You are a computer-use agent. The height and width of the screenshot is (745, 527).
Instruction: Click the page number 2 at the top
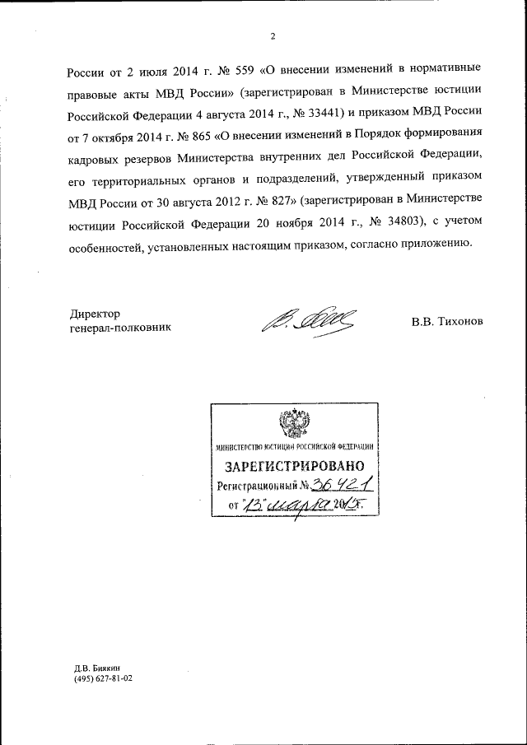coord(271,35)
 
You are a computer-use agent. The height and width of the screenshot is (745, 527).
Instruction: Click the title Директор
coord(95,314)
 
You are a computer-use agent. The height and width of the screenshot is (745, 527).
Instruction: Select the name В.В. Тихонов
coord(445,321)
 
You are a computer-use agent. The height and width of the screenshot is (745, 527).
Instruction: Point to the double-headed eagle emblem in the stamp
coord(294,424)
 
